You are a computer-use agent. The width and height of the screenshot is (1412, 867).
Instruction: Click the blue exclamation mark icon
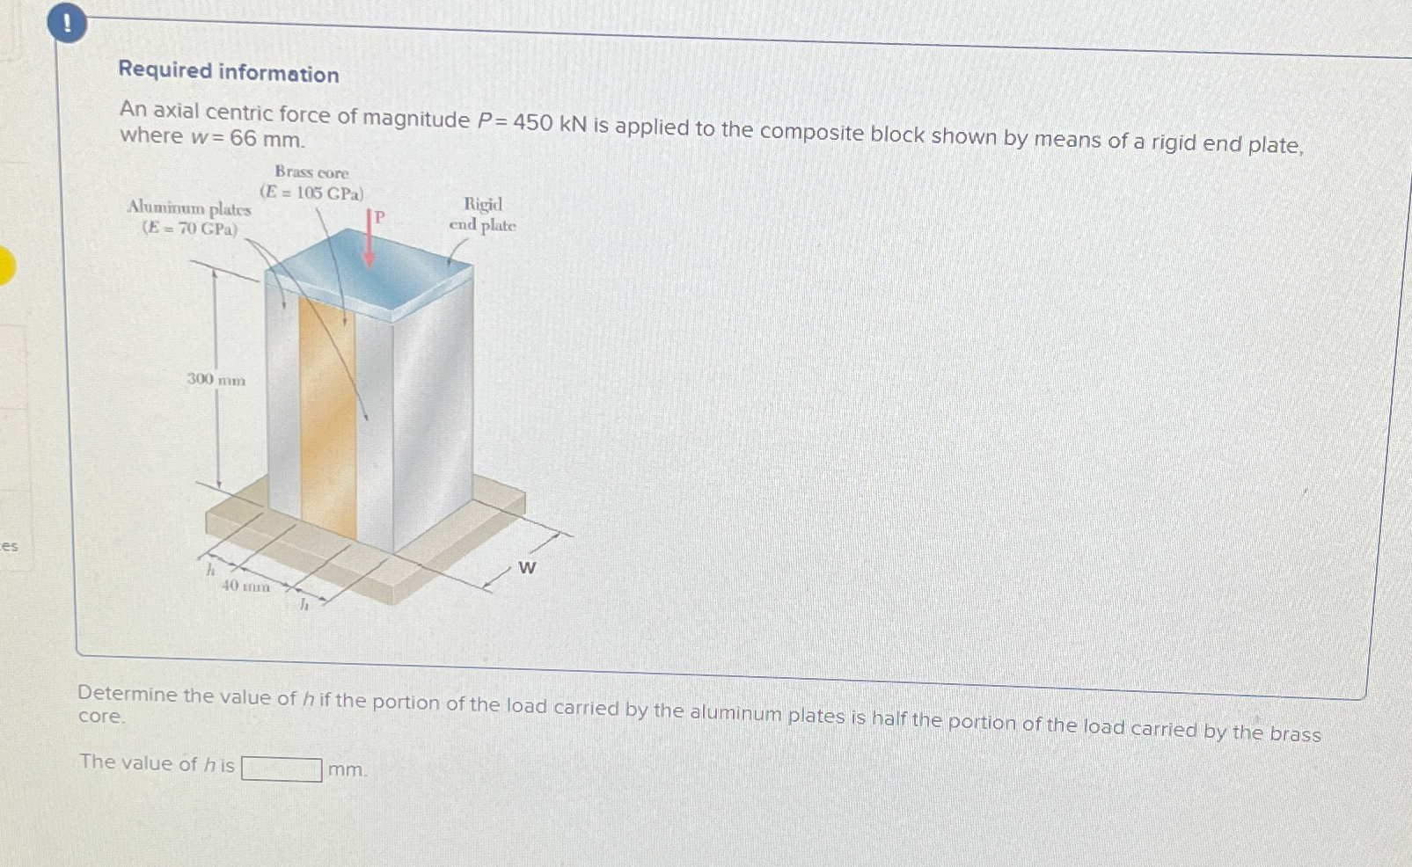coord(68,24)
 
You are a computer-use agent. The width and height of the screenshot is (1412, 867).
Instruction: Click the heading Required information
coord(229,72)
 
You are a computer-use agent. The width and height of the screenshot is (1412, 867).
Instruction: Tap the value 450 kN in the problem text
coord(550,123)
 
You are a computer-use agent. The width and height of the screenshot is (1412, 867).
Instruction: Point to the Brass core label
coord(311,172)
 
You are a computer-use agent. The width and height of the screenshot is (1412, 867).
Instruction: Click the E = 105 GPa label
coord(311,193)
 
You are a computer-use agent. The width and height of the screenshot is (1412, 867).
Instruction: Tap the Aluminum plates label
coord(189,208)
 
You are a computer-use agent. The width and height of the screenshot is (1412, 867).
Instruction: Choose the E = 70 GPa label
coord(190,229)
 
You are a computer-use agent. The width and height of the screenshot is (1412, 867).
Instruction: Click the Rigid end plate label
coord(482,215)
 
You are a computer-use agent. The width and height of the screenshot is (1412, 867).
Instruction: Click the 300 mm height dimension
coord(216,380)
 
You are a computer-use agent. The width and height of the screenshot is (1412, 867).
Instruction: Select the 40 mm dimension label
coord(245,586)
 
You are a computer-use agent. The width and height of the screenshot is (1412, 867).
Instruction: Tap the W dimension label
coord(527,568)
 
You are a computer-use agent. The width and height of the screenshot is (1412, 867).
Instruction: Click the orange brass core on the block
coord(327,413)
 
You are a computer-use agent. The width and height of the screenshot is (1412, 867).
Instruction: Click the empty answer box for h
coord(282,769)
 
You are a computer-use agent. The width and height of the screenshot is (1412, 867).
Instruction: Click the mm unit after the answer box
coord(347,770)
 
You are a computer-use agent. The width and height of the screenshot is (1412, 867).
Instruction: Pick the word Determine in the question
coord(128,694)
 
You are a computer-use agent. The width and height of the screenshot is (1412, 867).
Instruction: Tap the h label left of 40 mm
coord(210,571)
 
